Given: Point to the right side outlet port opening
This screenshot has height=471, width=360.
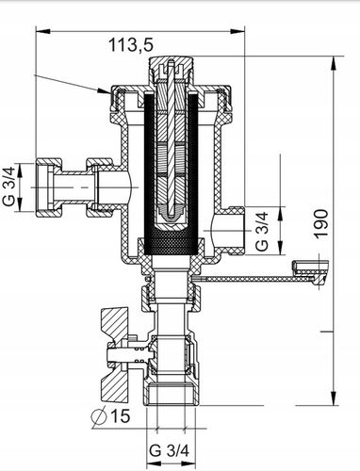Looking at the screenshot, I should (x=236, y=228).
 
